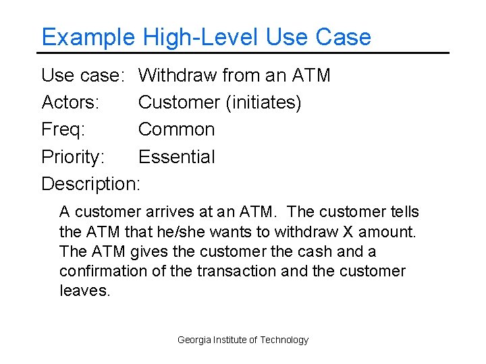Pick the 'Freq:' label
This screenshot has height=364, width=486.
click(63, 129)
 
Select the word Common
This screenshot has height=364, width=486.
click(176, 129)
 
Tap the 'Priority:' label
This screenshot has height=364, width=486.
click(73, 157)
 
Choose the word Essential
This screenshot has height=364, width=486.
click(176, 157)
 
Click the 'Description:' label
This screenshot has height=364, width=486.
click(91, 183)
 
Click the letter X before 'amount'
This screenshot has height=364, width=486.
click(348, 232)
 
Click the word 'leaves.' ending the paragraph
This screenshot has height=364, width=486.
click(84, 291)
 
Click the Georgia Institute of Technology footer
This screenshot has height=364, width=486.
click(243, 340)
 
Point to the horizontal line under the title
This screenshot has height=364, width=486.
click(243, 53)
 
